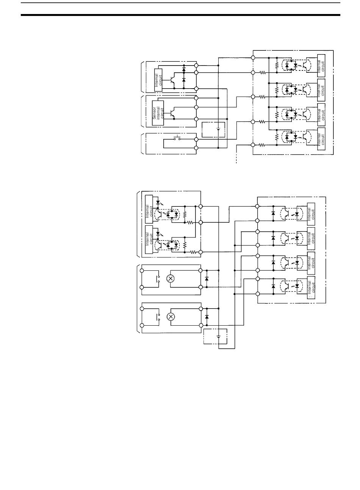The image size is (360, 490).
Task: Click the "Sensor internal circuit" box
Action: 158,113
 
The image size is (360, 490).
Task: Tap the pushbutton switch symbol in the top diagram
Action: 177,138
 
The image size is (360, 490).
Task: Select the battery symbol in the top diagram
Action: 218,129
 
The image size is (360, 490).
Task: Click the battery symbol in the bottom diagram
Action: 218,336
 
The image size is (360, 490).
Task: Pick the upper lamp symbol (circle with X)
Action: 170,278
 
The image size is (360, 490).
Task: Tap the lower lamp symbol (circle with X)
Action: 170,317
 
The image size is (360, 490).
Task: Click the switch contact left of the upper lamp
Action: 158,279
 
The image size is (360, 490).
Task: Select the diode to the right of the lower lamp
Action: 207,317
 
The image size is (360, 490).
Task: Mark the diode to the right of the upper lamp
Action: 207,278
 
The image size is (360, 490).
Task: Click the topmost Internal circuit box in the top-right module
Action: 321,66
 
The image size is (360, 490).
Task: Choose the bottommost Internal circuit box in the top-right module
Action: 321,139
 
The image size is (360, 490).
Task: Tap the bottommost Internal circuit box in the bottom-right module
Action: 311,287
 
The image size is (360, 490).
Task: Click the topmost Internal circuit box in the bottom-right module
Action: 311,214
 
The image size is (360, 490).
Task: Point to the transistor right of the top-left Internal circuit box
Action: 172,81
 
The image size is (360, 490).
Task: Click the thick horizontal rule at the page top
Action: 180,15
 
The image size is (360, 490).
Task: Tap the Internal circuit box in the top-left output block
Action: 158,80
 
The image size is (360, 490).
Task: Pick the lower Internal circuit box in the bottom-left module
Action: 149,239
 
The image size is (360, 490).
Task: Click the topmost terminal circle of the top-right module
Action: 253,58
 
